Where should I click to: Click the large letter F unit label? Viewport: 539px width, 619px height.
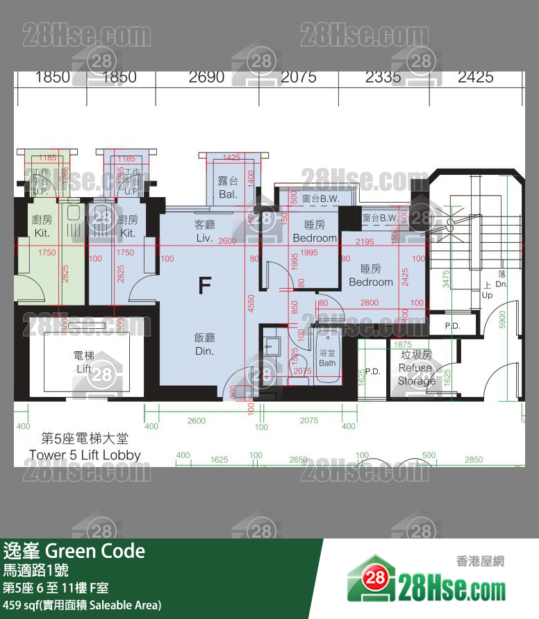pos(204,286)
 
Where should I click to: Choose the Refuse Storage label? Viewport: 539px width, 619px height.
pos(416,374)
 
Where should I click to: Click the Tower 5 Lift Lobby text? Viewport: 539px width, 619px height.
pos(85,455)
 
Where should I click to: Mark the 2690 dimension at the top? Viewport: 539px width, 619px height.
pos(206,77)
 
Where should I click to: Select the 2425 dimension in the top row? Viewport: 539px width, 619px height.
pos(475,77)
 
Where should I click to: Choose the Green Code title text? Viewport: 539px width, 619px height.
pos(74,551)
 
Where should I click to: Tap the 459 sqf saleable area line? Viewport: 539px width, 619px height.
pos(82,605)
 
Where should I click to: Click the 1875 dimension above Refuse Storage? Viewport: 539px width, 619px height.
pos(402,345)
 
